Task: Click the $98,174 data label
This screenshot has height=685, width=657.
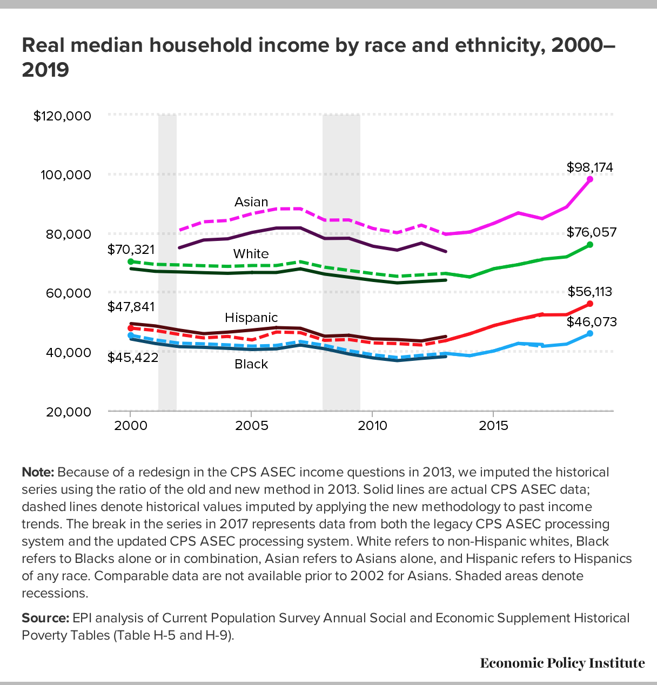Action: [x=589, y=167]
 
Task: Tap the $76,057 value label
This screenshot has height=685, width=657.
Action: [x=592, y=232]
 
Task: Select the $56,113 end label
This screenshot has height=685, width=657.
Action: [x=590, y=292]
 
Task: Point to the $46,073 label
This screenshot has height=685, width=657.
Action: [x=592, y=322]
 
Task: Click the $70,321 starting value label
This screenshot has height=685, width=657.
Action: [x=131, y=250]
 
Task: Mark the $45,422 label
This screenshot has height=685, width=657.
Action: [x=133, y=358]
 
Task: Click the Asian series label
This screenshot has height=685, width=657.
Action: [x=251, y=202]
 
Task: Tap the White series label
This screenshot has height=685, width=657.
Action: [x=251, y=254]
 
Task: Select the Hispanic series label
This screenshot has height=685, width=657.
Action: [x=251, y=318]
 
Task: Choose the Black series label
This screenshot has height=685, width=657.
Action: [x=251, y=364]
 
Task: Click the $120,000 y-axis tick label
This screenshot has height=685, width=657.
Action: [x=62, y=116]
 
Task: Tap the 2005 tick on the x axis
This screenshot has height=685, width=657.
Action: [x=252, y=426]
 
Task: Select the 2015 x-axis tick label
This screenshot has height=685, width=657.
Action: [x=493, y=426]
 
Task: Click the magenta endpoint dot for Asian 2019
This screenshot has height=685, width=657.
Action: [x=589, y=179]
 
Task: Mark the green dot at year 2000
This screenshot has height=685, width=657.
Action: [x=131, y=261]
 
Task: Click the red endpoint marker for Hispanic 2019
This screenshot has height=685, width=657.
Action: [x=589, y=304]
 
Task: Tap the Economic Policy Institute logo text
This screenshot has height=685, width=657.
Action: [x=562, y=663]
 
